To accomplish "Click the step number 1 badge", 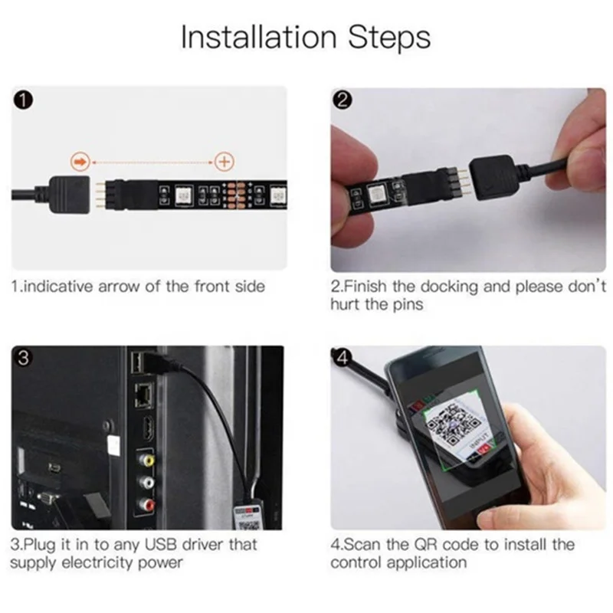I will pos(25,100).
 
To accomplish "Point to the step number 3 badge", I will pos(25,359).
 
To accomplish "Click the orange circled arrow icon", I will pos(80,162).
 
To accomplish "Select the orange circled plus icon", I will pos(224,162).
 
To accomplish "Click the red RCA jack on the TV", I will pos(145,505).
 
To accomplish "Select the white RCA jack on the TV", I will pos(145,484).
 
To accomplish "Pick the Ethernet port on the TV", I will pos(143,395).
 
